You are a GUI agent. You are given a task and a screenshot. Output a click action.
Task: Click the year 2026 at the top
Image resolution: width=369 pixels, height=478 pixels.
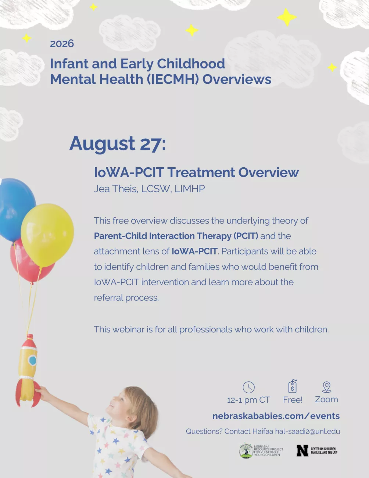(x=62, y=43)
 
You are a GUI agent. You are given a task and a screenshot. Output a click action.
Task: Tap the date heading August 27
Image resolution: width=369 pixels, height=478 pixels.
(x=118, y=144)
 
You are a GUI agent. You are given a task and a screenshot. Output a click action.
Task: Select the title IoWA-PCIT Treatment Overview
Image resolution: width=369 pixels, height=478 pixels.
(x=196, y=172)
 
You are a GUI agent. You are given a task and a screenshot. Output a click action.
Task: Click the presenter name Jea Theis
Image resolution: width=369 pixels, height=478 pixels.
(x=116, y=189)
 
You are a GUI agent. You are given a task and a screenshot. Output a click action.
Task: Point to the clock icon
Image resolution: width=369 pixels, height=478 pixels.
(x=248, y=387)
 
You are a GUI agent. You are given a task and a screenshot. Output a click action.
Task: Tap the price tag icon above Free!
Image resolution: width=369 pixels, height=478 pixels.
(x=293, y=386)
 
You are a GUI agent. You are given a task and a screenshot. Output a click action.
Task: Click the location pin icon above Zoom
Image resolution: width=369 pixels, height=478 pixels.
(x=327, y=387)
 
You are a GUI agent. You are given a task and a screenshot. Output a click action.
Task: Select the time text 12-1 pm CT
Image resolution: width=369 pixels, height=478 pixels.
(x=248, y=400)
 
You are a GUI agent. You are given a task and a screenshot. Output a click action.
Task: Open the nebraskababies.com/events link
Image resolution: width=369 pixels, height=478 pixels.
(x=276, y=416)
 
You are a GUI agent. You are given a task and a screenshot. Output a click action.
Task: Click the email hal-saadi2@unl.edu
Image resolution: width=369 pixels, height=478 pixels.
(x=308, y=431)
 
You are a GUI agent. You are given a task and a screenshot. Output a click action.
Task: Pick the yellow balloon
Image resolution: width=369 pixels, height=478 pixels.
(x=47, y=235)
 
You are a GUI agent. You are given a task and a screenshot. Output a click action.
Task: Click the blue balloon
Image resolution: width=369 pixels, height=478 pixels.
(x=16, y=209)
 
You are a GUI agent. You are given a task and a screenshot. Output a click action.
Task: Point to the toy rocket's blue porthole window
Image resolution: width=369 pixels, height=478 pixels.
(x=32, y=360)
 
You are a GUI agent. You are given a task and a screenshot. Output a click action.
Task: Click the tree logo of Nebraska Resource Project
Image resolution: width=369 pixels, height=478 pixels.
(x=246, y=450)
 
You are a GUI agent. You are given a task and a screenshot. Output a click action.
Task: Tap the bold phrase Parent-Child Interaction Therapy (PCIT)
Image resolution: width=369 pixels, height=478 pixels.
(x=176, y=236)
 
